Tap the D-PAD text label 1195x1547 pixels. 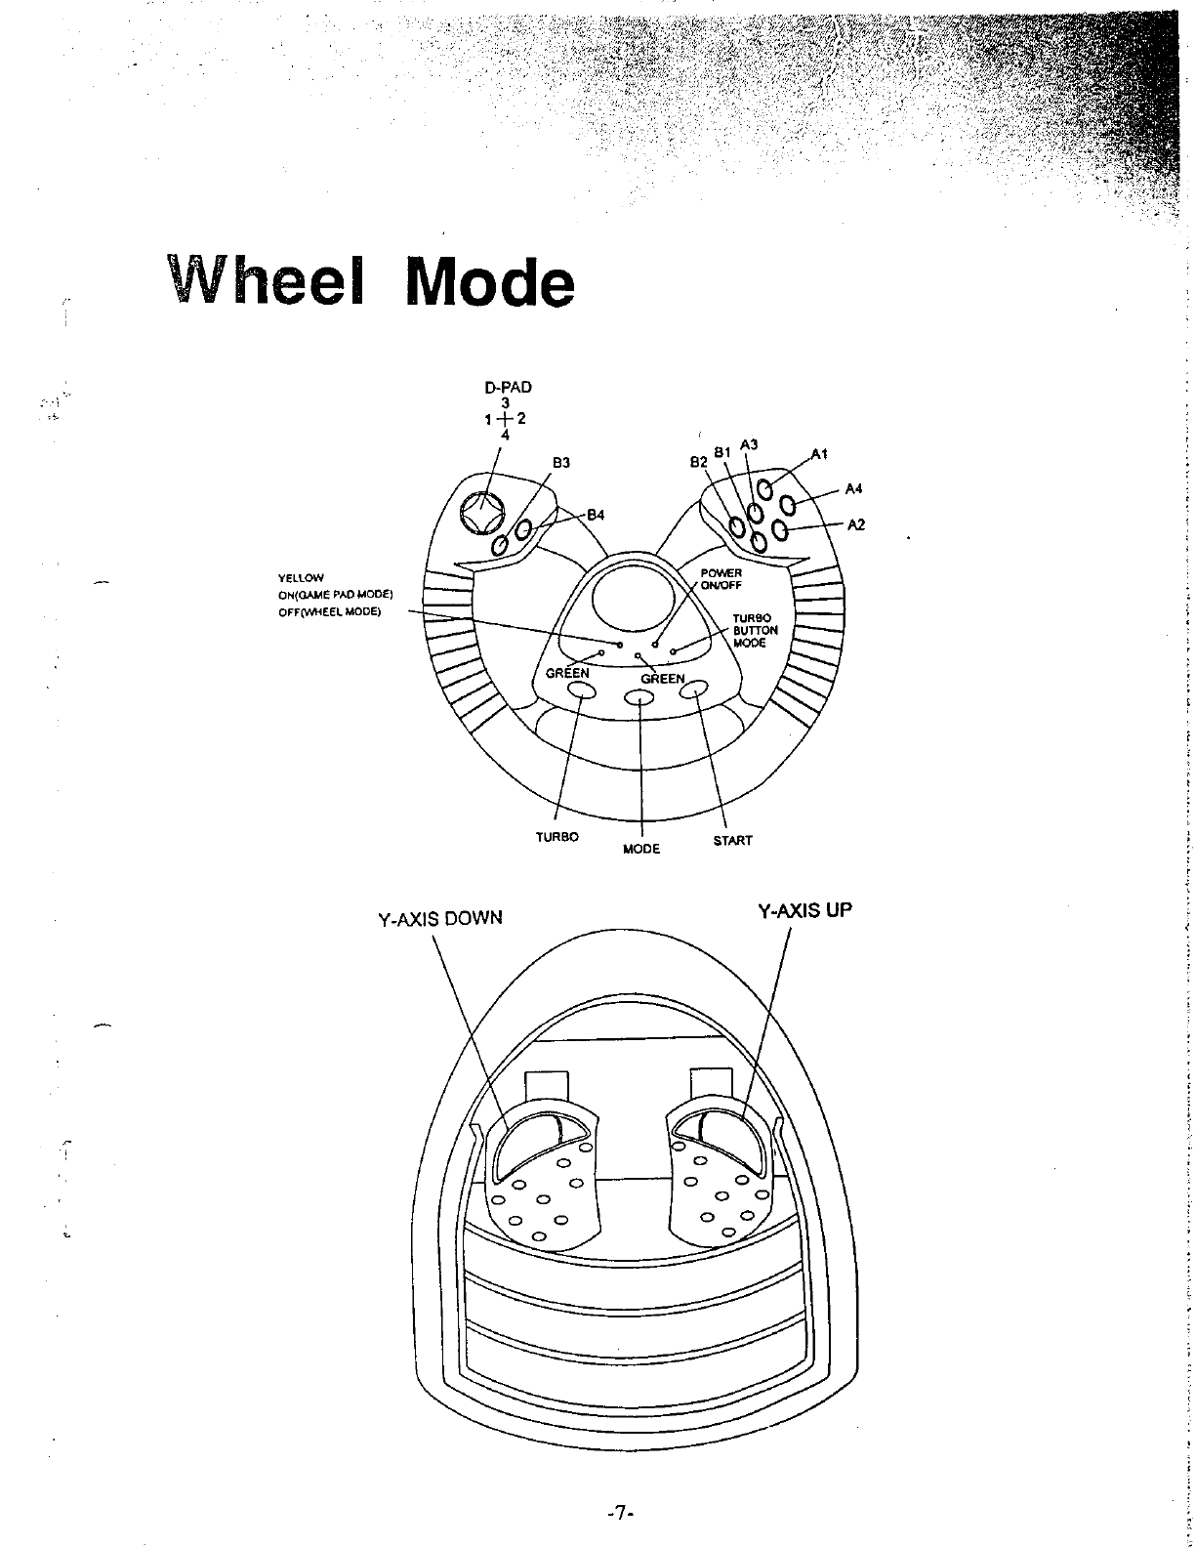coord(507,387)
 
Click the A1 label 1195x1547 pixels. coord(819,453)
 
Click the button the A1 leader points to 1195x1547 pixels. coord(767,489)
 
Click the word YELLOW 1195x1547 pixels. coord(301,578)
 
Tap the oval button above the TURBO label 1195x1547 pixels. coord(581,691)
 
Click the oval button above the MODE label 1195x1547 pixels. coord(639,698)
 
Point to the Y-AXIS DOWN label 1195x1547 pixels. coord(439,919)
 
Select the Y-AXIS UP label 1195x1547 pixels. coord(805,911)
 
